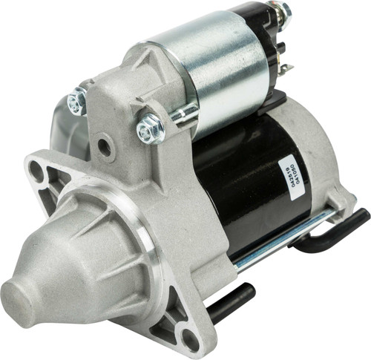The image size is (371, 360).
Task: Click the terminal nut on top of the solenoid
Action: tap(283, 12)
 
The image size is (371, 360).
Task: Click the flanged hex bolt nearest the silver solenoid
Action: tap(150, 131)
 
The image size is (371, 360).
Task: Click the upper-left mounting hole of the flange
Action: tap(37, 172)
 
